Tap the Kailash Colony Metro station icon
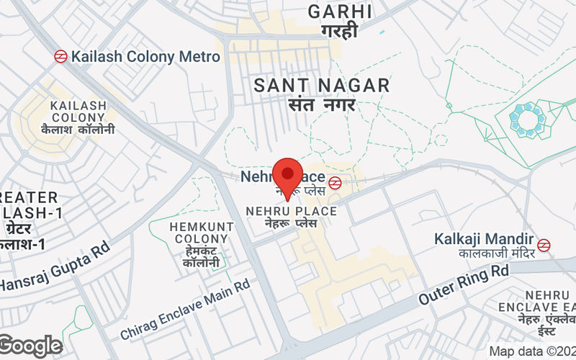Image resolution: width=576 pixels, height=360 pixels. (x=61, y=56)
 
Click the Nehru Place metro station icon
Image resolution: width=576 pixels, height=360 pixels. (x=334, y=183)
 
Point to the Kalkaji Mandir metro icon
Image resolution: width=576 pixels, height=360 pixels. (x=544, y=245)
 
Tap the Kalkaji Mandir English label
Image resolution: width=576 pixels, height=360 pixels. (x=484, y=238)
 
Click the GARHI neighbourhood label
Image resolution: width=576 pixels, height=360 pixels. (x=340, y=12)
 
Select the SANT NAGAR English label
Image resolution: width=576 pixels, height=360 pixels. (x=322, y=86)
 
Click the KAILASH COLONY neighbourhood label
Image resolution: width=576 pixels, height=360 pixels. (x=78, y=112)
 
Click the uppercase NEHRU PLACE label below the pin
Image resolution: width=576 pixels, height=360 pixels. (x=291, y=211)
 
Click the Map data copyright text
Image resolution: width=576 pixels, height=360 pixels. (x=531, y=351)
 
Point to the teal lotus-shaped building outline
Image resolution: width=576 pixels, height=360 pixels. (x=528, y=117)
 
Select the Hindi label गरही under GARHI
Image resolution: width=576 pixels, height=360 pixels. (x=340, y=32)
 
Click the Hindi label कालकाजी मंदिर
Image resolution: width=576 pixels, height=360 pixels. (x=494, y=254)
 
